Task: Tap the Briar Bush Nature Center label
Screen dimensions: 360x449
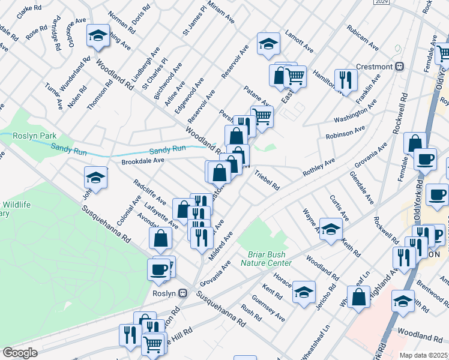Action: (267, 259)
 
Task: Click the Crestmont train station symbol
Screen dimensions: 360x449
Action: (399, 66)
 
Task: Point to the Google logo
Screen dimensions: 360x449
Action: (20, 353)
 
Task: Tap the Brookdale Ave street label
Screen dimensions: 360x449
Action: (143, 161)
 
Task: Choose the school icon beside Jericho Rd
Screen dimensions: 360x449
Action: (304, 292)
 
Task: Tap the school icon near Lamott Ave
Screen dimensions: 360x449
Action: (268, 43)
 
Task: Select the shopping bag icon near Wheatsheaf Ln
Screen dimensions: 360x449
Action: (358, 297)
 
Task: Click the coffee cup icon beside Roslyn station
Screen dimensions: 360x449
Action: (159, 269)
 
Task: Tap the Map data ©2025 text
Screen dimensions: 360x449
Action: (424, 355)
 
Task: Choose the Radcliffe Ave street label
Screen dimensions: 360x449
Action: (149, 192)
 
